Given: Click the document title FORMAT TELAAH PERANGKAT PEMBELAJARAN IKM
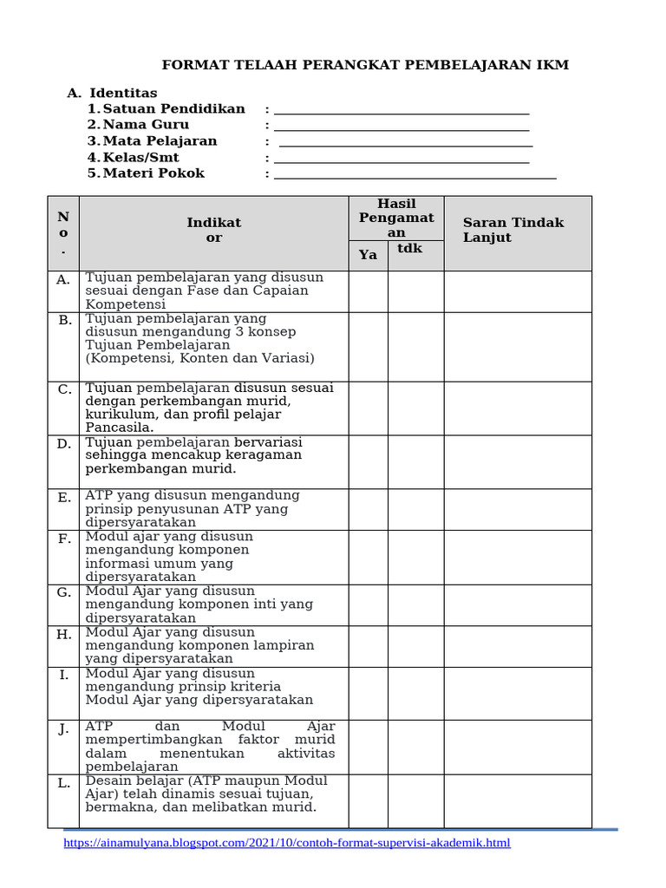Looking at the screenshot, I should pos(365,65).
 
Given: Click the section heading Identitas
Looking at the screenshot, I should pos(123,93).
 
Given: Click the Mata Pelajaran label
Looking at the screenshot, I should pos(160,141).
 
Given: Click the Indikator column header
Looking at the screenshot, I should pos(213,230).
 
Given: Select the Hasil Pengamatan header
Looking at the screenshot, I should pos(396,219).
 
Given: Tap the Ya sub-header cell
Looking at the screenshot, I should pos(368,255).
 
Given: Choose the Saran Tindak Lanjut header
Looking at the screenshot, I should pos(513,230).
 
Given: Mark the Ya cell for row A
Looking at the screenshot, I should pos(368,291).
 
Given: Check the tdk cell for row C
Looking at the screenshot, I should pos(415,408).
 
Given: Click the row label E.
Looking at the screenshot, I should pos(64,498).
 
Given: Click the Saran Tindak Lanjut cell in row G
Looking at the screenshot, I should pos(518,604).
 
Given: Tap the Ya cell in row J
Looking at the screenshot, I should pos(368,747).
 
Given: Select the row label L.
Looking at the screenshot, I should pos(64,784).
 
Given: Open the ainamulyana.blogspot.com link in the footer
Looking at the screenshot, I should pos(287,843).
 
